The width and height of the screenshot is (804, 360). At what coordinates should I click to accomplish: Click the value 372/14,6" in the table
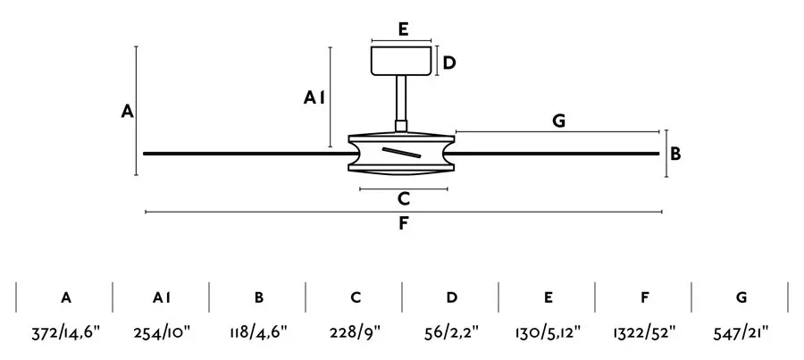tap(65, 333)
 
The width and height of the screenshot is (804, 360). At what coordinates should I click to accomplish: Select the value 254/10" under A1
tap(162, 333)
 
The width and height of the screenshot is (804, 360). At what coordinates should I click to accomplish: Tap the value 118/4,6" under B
tap(258, 333)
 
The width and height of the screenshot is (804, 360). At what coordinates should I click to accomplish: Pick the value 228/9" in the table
tap(355, 333)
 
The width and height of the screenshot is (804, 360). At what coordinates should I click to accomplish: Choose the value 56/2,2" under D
tap(451, 333)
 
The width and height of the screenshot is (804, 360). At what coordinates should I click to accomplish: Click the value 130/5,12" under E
tap(548, 333)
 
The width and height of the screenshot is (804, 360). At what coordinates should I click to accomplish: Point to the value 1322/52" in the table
tap(644, 333)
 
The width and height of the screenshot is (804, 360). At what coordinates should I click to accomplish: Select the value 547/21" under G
tap(741, 333)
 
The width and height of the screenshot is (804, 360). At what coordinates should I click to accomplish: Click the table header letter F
tap(645, 297)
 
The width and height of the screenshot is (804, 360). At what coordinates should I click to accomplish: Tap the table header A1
tap(162, 297)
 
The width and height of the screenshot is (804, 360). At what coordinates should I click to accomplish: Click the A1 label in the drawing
tap(314, 97)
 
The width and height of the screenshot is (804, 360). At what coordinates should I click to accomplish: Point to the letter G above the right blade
tap(559, 121)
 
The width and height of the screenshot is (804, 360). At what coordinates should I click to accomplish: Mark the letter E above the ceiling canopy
tap(403, 29)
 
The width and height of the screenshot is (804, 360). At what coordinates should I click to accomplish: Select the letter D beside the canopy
tap(449, 63)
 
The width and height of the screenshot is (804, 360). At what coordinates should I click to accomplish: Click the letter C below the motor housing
tap(404, 199)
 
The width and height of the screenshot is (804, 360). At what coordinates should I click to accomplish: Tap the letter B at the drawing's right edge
tap(675, 154)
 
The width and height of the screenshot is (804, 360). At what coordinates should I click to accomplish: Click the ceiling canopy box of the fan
tap(400, 61)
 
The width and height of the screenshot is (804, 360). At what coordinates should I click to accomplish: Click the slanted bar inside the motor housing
tap(401, 152)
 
